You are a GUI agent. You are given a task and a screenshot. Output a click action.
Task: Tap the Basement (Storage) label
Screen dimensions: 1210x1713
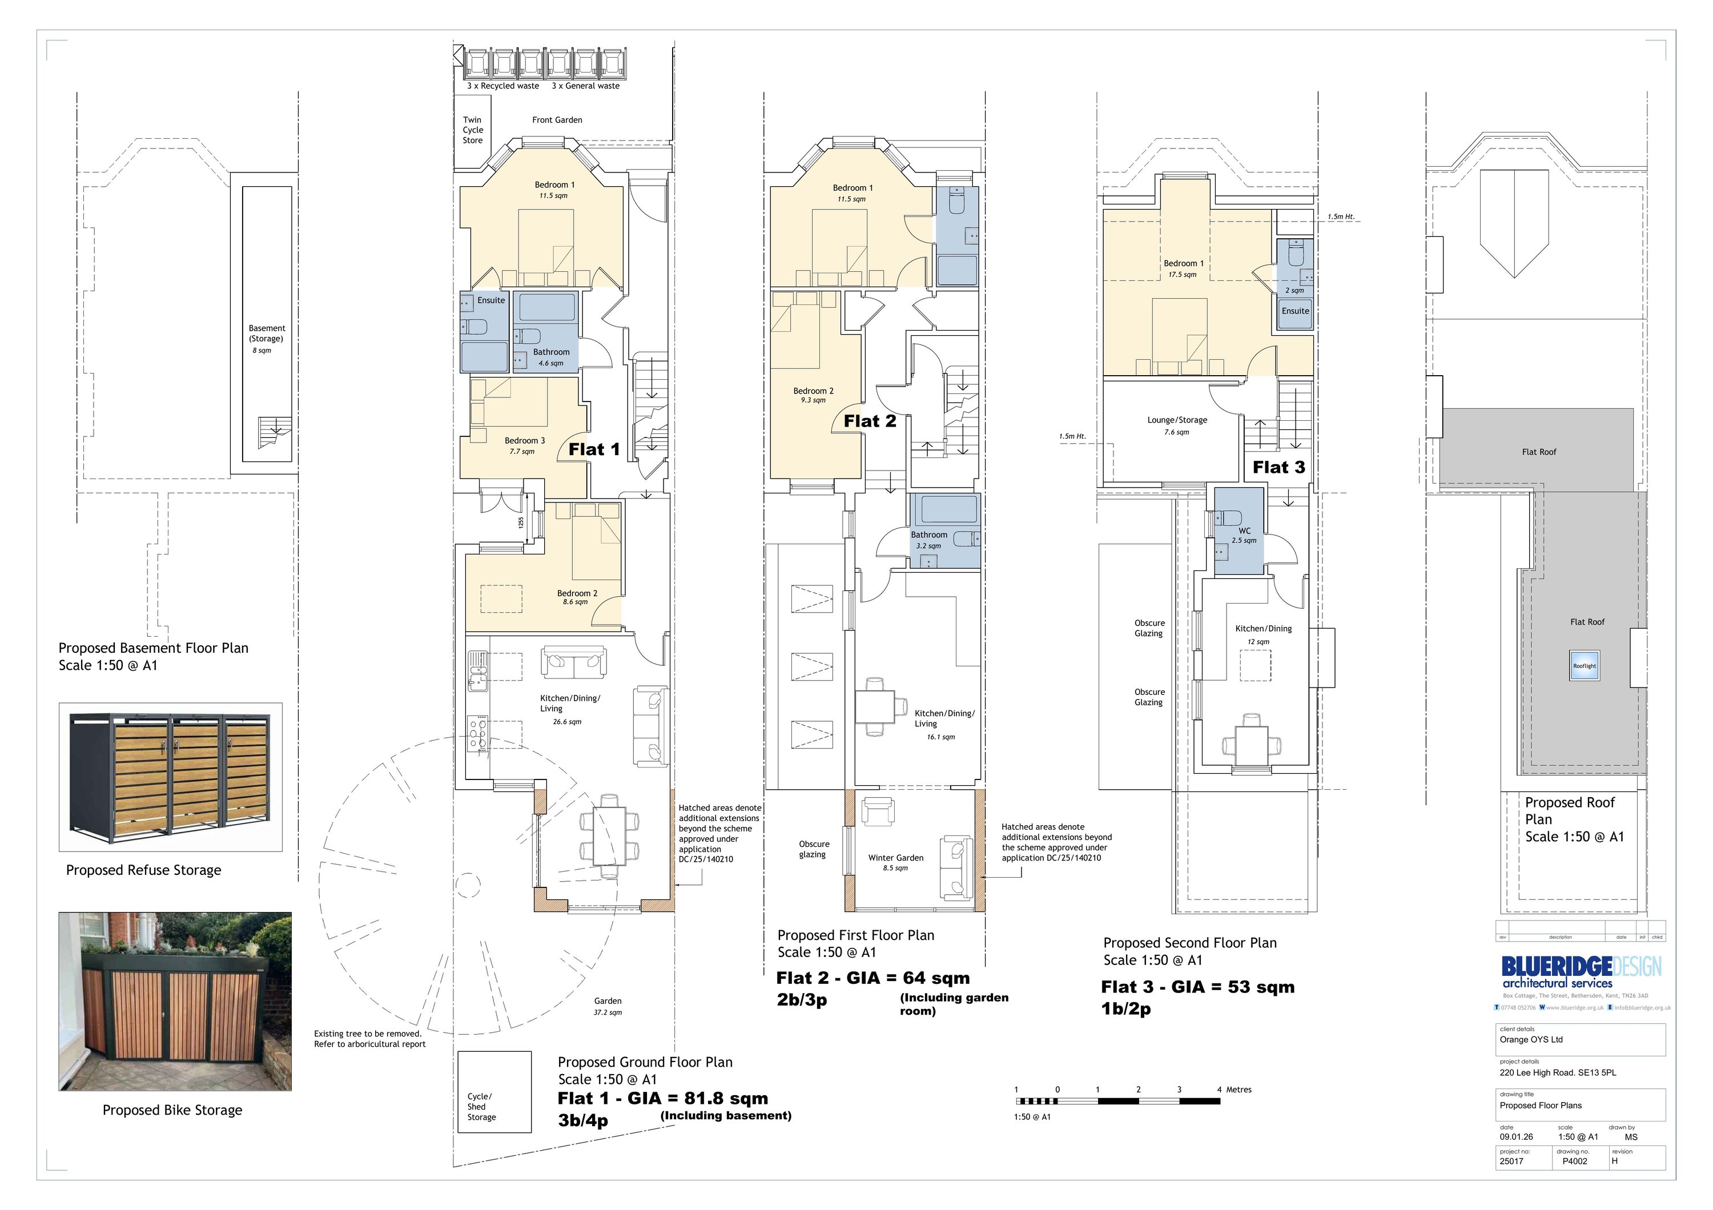click(x=266, y=333)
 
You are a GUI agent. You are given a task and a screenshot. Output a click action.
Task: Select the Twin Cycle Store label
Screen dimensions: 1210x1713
click(x=472, y=130)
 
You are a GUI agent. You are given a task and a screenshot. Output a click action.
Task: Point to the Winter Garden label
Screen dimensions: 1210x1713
click(x=895, y=858)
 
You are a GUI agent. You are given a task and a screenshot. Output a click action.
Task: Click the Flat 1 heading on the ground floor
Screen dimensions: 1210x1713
click(x=594, y=449)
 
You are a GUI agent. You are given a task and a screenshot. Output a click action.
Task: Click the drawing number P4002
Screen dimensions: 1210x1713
click(x=1574, y=1161)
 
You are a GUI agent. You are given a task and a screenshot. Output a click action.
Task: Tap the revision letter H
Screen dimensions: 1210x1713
click(x=1615, y=1161)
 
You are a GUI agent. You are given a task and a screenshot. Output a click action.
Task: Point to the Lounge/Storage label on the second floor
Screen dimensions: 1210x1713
click(x=1177, y=420)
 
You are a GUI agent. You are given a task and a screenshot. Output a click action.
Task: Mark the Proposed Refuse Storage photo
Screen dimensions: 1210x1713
click(x=170, y=777)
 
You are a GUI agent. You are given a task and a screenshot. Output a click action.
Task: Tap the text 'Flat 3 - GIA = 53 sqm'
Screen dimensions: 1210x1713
click(x=1197, y=987)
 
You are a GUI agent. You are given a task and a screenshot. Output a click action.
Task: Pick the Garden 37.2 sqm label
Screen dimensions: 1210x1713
click(x=608, y=1006)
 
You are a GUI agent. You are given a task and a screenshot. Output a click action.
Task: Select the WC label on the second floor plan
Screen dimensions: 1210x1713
click(x=1244, y=531)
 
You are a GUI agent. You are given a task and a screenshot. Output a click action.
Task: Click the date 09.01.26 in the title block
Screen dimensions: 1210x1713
click(x=1517, y=1137)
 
